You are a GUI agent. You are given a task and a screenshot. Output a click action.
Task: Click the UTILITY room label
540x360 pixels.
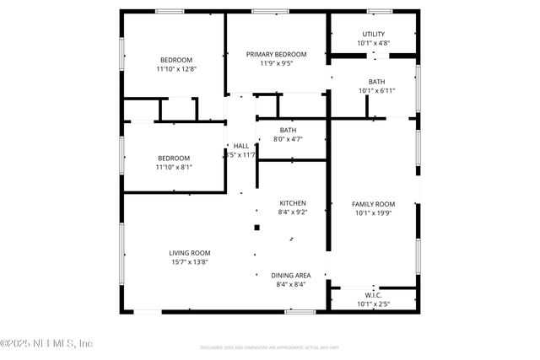pos(373,33)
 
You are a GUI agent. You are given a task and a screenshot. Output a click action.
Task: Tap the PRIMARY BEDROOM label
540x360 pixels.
pos(277,54)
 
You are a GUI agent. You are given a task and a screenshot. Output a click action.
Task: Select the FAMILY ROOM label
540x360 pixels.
pos(373,204)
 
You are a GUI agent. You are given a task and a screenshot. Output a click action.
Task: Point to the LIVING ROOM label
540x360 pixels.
pos(190,252)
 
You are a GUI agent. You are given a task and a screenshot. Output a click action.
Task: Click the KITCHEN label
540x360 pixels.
pos(293,203)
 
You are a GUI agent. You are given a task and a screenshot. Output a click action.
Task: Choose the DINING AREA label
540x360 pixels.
pos(291,275)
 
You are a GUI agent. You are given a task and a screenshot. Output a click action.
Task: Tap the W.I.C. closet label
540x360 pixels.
pos(373,295)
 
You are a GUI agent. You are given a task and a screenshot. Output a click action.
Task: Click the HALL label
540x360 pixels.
pos(241,146)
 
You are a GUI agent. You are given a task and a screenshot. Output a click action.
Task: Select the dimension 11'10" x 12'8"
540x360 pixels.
pos(176,69)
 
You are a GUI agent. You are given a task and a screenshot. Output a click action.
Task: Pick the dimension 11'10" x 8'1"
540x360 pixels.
pos(174,167)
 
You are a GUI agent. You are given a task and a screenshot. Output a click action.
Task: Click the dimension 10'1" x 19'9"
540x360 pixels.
pos(373,213)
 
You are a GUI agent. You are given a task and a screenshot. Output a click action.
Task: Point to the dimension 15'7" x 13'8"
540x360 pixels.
pos(189,261)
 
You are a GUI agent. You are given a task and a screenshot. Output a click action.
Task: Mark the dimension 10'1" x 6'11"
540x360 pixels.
pos(376,91)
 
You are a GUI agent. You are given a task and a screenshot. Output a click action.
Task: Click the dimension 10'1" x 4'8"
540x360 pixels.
pos(373,42)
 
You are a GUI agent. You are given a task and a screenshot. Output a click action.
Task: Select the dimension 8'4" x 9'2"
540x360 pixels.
pos(293,212)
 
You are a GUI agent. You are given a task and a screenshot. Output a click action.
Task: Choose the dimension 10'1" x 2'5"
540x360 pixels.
pos(373,304)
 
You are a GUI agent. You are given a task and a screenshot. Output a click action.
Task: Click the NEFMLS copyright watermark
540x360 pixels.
pos(47,343)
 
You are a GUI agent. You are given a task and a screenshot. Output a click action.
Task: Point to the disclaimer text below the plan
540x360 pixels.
pos(270,347)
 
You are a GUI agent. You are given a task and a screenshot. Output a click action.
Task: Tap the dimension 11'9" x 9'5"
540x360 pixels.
pos(277,63)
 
